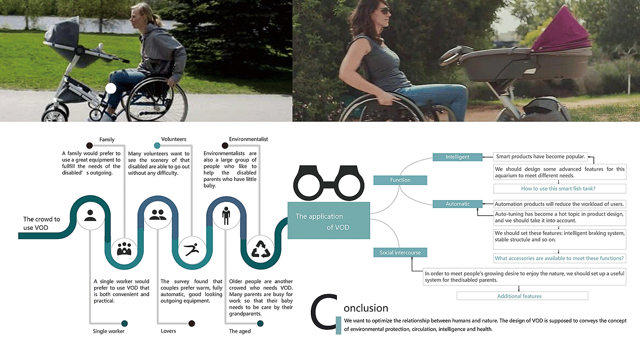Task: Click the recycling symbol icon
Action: (x=260, y=249)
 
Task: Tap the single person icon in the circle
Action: (x=90, y=215)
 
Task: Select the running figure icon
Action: (x=192, y=249)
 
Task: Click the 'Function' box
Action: (x=400, y=180)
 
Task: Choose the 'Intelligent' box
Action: (x=457, y=157)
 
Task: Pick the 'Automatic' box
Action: (x=457, y=204)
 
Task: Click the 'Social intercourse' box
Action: (x=400, y=252)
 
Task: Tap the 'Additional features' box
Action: (x=519, y=296)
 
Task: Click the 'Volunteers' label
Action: (x=174, y=139)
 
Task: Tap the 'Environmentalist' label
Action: (x=248, y=139)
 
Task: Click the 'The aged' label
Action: (x=240, y=331)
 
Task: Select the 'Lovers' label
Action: (x=168, y=331)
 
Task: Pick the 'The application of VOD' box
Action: (x=328, y=221)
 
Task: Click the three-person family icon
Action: (x=124, y=249)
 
